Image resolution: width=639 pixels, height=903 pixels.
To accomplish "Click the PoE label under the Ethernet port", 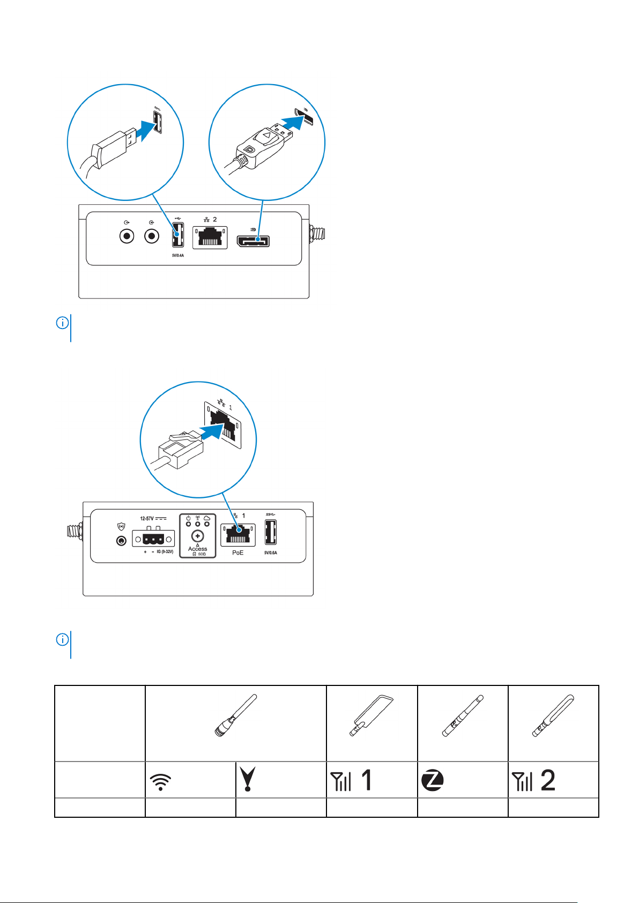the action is tap(237, 553).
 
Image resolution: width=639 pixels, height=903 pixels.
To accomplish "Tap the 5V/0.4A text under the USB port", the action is tap(178, 255).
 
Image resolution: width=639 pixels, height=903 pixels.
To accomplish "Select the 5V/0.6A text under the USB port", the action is tap(271, 553).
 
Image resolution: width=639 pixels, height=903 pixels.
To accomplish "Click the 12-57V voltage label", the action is tap(147, 518).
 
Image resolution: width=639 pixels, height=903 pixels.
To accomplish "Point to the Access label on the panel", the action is tap(197, 549).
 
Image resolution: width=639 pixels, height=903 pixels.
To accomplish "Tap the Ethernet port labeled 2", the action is tap(210, 238).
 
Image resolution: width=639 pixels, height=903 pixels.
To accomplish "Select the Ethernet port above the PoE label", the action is tap(237, 535).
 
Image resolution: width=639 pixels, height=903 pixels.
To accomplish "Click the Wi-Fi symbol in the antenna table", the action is tap(160, 782).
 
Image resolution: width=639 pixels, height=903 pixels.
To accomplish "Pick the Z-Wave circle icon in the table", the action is tap(432, 780).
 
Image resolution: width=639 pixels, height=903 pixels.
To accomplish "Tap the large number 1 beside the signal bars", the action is tap(367, 780).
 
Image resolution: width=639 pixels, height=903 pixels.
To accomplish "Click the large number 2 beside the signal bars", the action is tap(548, 780).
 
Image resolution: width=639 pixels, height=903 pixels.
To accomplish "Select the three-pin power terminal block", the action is tap(153, 538).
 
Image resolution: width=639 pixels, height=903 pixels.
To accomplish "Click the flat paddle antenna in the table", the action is tap(371, 715).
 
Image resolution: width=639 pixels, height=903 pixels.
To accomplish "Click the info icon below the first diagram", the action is tap(63, 323).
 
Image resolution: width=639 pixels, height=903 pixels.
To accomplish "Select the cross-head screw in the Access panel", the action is tap(198, 536).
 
